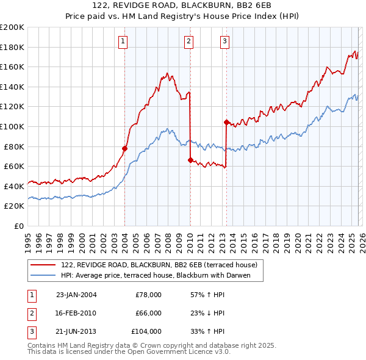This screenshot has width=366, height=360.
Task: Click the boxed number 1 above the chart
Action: click(123, 41)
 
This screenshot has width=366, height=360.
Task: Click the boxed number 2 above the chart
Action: click(188, 41)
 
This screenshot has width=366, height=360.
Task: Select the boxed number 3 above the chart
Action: click(224, 41)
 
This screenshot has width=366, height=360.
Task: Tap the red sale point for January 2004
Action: click(124, 148)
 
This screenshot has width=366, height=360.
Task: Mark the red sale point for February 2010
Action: click(190, 160)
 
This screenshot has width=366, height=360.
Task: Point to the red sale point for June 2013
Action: click(226, 122)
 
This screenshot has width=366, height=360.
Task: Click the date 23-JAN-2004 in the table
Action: click(76, 295)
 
